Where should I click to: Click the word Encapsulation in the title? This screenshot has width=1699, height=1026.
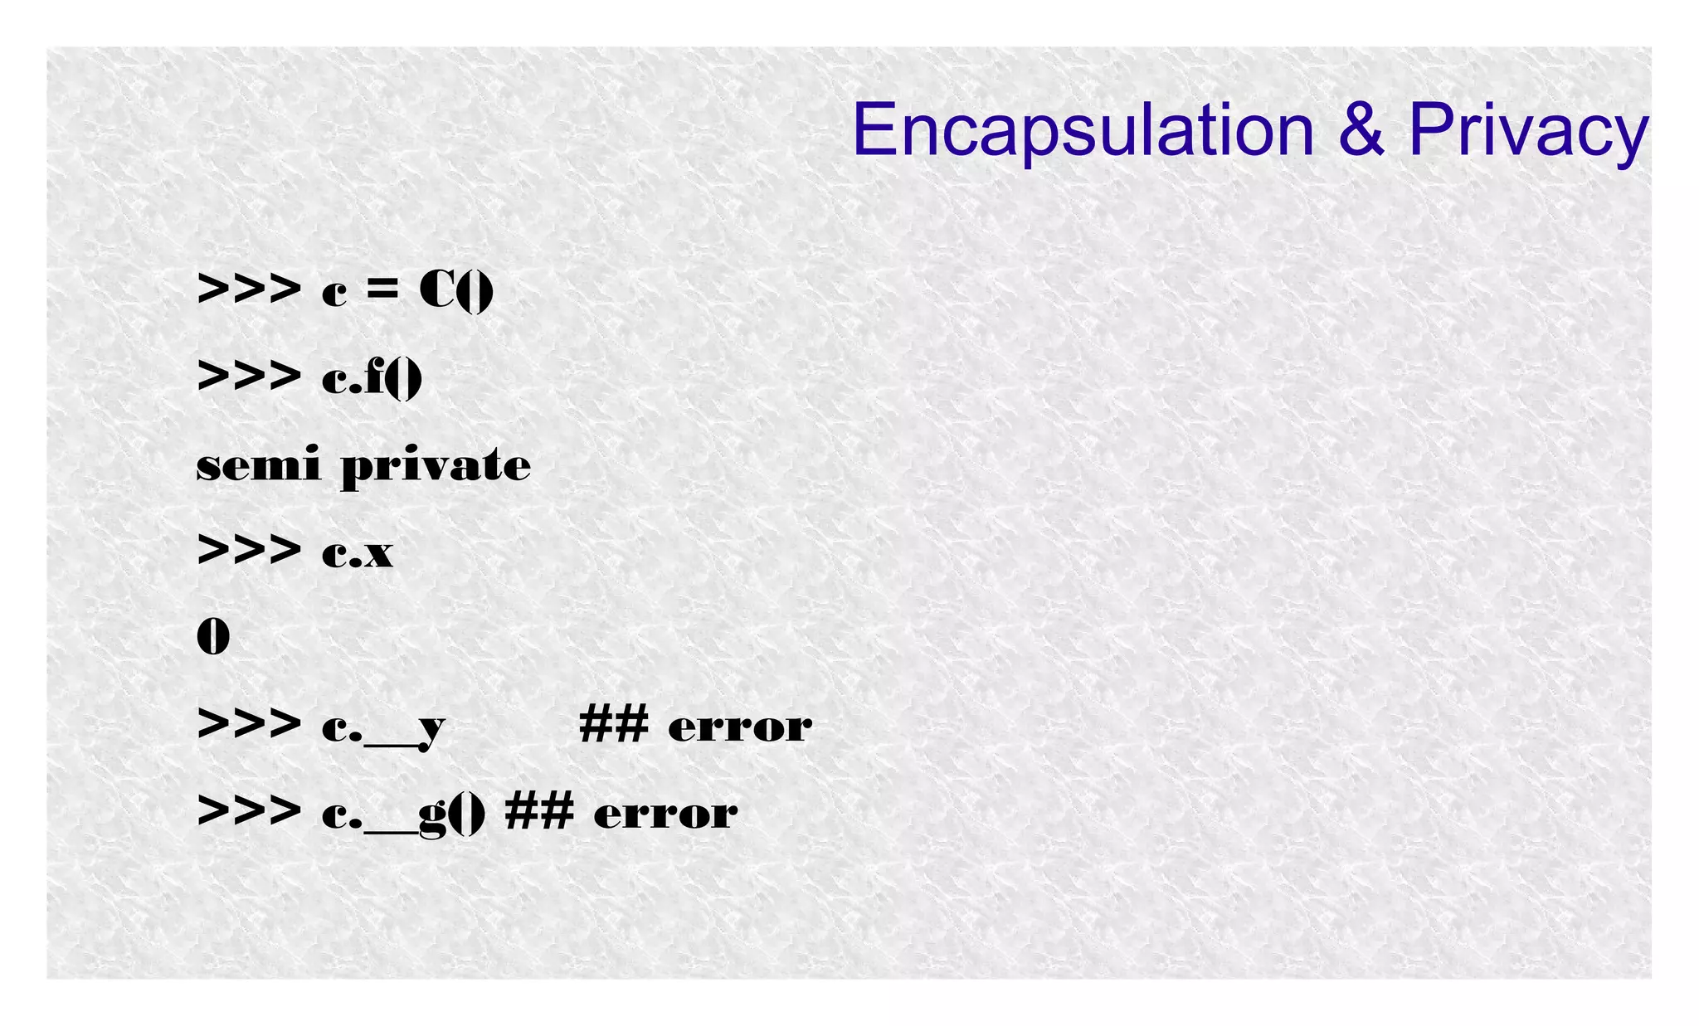pos(1083,130)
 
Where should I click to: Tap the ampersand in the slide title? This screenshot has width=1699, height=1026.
pos(1361,130)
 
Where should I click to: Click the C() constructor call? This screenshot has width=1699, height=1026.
pos(456,290)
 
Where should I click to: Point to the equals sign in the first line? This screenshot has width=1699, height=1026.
pos(382,290)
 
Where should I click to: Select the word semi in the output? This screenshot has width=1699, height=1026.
pos(258,464)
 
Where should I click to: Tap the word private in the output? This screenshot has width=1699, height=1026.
pos(436,466)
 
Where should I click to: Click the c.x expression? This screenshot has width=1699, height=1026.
pos(358,552)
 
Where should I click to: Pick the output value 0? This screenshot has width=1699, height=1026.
pos(213,637)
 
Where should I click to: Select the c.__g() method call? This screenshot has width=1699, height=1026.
pos(403,813)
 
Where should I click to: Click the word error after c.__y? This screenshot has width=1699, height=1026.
pos(740,727)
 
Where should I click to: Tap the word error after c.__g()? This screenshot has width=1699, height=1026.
pos(665,813)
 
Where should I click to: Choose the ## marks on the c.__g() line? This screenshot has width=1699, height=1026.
pos(539,811)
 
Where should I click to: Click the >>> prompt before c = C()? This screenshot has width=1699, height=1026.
pos(249,290)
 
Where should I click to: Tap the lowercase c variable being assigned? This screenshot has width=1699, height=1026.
pos(334,293)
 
